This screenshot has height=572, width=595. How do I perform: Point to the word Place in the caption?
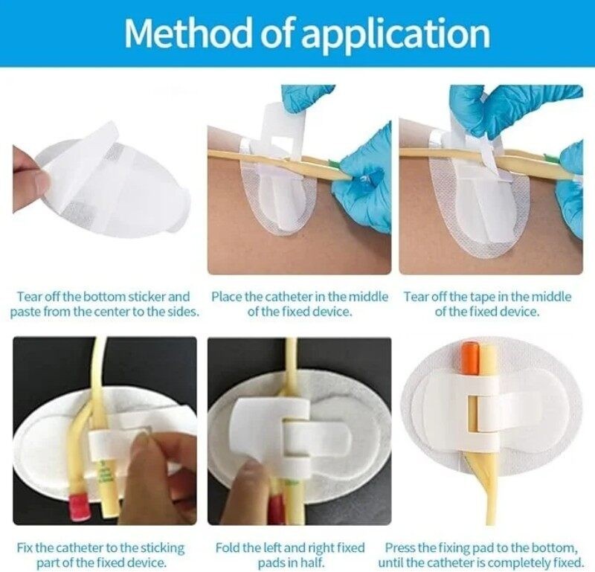[x=227, y=297]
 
